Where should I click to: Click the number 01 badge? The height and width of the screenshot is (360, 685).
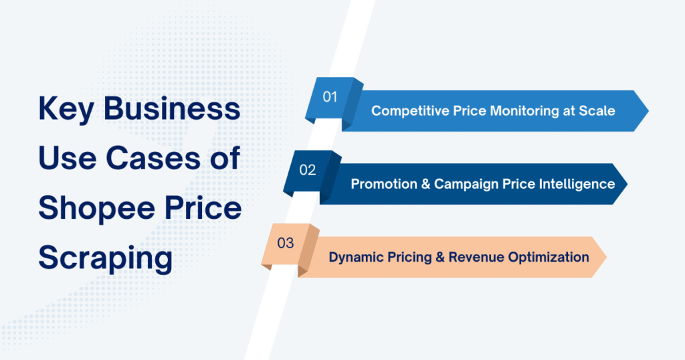coord(330,97)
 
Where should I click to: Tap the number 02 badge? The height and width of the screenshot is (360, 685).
coord(308,170)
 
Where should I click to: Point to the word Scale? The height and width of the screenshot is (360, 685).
coord(597,110)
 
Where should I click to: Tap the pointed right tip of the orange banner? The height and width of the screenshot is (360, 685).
coord(605,257)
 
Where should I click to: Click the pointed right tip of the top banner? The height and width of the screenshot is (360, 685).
coord(647,110)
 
